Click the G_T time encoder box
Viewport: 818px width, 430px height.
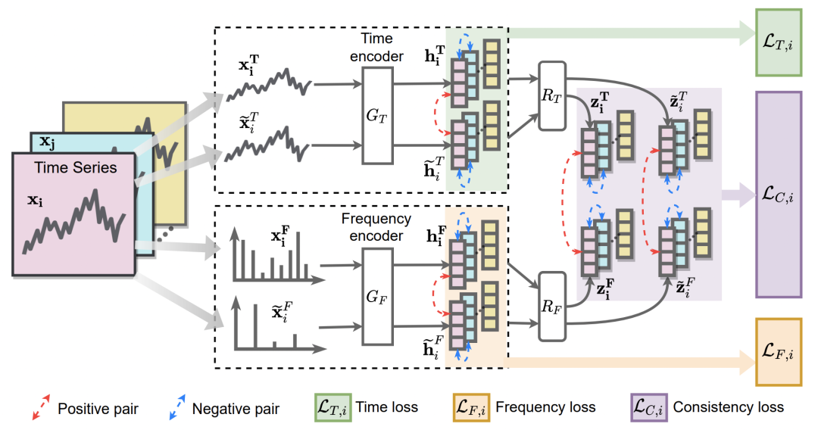[377, 116]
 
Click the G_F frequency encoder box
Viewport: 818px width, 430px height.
[377, 297]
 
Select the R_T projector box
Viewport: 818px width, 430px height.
[552, 96]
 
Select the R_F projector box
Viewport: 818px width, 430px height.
[552, 307]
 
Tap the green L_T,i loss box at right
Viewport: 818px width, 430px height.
[779, 42]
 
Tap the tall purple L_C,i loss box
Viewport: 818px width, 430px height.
[779, 195]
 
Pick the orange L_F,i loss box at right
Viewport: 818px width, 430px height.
[779, 352]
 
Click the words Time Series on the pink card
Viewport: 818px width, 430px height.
[76, 167]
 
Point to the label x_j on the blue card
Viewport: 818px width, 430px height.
[48, 142]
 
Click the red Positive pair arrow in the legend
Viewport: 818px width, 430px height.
[41, 407]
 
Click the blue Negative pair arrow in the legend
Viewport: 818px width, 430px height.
[176, 407]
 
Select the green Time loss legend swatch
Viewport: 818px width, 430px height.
[333, 407]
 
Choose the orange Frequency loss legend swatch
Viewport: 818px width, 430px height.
[471, 407]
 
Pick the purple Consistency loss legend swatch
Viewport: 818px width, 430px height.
[648, 407]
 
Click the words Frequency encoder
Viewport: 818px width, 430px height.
[376, 227]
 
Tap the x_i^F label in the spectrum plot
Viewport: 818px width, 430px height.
[280, 236]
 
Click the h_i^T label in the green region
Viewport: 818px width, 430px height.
[435, 55]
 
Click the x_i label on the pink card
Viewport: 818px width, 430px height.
[36, 200]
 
